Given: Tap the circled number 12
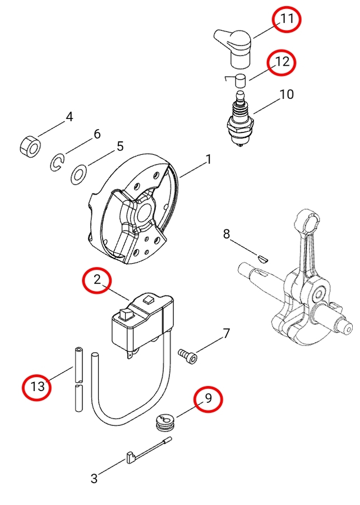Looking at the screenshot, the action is pos(282,61).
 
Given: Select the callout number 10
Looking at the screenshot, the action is pos(287,94).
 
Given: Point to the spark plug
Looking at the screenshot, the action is pos(241,120).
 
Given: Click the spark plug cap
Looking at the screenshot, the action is pos(234,48).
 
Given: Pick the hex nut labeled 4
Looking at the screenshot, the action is pos(30,148).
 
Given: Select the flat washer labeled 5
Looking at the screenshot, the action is pos(79,175).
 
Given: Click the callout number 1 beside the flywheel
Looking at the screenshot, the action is pos(209,159).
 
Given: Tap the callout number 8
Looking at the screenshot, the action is pos(227,234).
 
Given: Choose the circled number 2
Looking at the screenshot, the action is pos(98,279).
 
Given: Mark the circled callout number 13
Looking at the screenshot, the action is pos(38,385).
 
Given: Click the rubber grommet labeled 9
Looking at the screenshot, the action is pos(166,423).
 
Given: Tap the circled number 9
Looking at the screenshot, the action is pos(209,398).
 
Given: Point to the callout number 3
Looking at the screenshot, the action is pos(94,478).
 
